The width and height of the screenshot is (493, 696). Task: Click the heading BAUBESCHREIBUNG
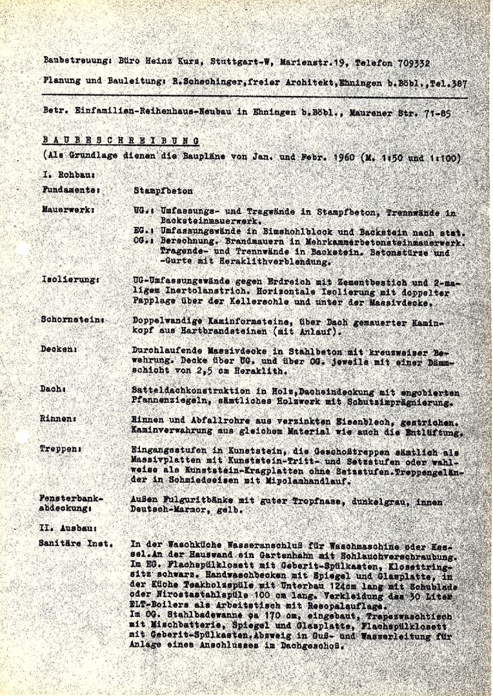[x=120, y=140]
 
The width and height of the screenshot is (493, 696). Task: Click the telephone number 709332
[x=411, y=64]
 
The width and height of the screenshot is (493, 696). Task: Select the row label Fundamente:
[x=71, y=190]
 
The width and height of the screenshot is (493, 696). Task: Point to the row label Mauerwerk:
[x=69, y=210]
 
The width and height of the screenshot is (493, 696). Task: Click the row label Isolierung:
[x=70, y=280]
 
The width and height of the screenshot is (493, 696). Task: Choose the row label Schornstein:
[x=73, y=320]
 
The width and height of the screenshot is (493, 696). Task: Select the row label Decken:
[x=59, y=349]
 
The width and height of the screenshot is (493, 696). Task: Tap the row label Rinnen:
[x=58, y=419]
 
